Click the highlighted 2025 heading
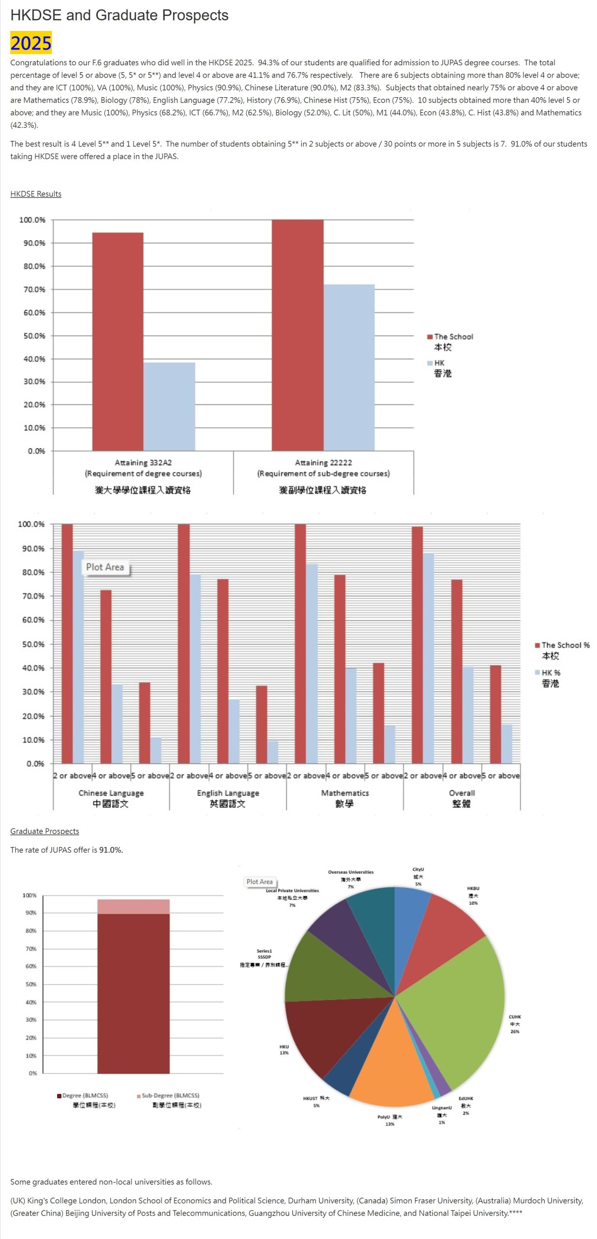pos(31,43)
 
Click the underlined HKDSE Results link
pos(36,194)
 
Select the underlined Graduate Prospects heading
pos(45,831)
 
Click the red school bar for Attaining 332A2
pos(118,341)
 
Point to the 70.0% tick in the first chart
pos(34,289)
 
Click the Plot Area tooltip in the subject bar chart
pos(105,567)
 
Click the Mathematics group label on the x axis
pos(344,793)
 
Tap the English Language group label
pos(228,793)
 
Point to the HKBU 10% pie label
pos(473,896)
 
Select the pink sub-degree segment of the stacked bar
pos(133,907)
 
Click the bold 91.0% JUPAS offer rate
pos(111,850)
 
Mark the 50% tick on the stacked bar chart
pos(31,984)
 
